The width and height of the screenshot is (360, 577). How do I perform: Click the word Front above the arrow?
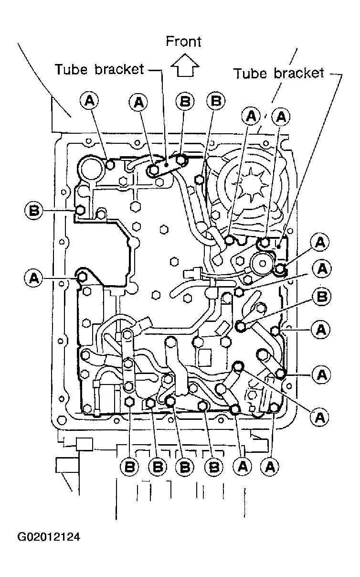point(183,42)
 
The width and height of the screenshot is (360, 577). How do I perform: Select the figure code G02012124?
point(49,537)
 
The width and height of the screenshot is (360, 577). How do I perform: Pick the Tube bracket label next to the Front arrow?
point(100,69)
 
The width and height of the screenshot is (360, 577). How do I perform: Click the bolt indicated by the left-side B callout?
point(80,211)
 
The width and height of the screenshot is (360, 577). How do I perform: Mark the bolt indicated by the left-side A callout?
point(83,277)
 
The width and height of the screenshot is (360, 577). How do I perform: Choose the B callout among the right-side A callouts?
point(322,297)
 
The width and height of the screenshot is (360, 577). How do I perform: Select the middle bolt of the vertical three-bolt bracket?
point(127,363)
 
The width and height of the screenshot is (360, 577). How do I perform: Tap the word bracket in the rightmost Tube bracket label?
point(299,74)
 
